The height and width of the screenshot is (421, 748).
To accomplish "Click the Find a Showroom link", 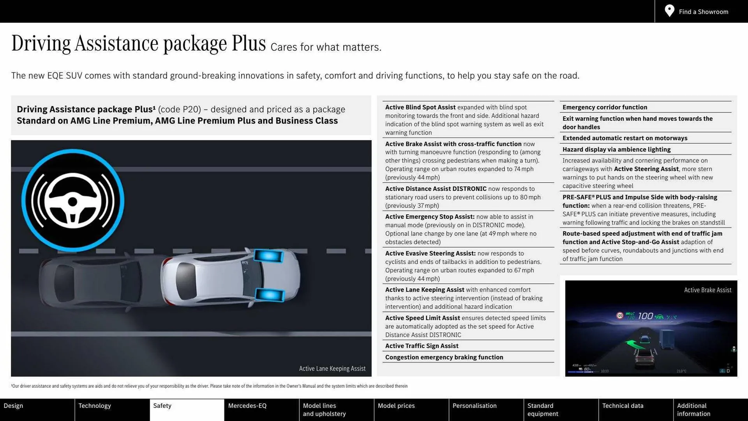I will [x=703, y=12].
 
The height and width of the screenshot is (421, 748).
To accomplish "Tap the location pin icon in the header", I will [x=669, y=11].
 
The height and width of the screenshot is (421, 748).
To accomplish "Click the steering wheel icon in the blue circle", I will [x=73, y=200].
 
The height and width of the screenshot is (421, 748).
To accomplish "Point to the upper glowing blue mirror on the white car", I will [x=268, y=256].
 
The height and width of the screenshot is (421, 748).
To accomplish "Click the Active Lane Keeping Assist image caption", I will [x=332, y=368].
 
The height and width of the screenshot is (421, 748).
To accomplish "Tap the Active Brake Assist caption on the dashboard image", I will [x=707, y=290].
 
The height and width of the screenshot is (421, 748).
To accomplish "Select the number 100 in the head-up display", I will [x=645, y=316].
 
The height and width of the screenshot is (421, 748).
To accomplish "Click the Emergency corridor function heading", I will [x=605, y=107].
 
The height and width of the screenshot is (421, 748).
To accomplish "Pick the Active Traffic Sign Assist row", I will [x=422, y=346].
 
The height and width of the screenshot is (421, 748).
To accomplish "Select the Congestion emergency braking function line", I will [x=444, y=357].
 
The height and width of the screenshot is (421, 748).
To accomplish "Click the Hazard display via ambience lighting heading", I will [x=616, y=149].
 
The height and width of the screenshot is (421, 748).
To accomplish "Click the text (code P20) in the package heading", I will [x=179, y=110].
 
